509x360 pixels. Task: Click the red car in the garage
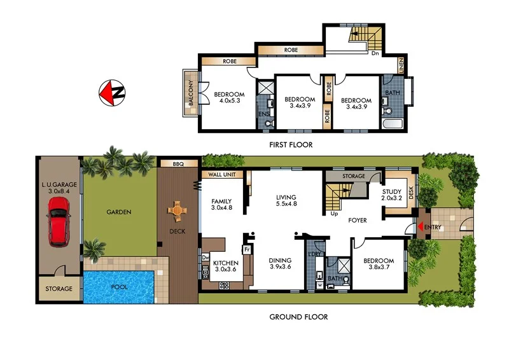pyautogui.click(x=59, y=221)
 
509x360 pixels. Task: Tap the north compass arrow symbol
pyautogui.click(x=112, y=93)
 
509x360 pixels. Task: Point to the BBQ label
pyautogui.click(x=178, y=164)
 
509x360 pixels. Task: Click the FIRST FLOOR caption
pyautogui.click(x=291, y=145)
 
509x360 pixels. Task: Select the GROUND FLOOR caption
pyautogui.click(x=299, y=317)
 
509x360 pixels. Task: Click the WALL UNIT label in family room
pyautogui.click(x=221, y=174)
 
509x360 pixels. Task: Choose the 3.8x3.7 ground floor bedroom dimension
pyautogui.click(x=379, y=268)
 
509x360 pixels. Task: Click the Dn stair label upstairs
pyautogui.click(x=375, y=53)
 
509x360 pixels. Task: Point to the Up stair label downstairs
pyautogui.click(x=335, y=214)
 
